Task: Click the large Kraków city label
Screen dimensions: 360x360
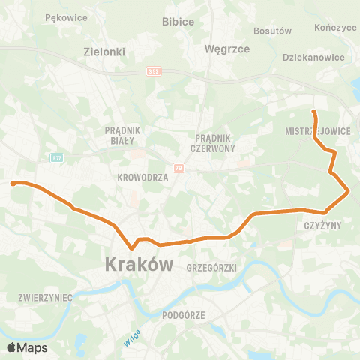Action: coord(139,265)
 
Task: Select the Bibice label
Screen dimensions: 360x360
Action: coord(178,22)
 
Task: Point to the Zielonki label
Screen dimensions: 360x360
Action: coord(103,53)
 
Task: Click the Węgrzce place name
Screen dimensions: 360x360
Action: coord(222,49)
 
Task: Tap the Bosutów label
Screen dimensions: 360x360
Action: coord(272,31)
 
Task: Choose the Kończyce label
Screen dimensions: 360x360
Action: coord(336,27)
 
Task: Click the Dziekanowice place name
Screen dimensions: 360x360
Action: coord(313,57)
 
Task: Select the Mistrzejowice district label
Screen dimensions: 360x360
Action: coord(318,130)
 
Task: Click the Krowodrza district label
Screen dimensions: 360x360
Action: coord(142,178)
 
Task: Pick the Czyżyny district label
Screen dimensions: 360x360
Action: coord(323,225)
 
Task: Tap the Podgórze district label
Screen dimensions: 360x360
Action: coord(184,316)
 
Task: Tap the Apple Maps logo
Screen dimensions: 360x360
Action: coord(27,347)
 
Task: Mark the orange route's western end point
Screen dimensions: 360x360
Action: coord(12,182)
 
